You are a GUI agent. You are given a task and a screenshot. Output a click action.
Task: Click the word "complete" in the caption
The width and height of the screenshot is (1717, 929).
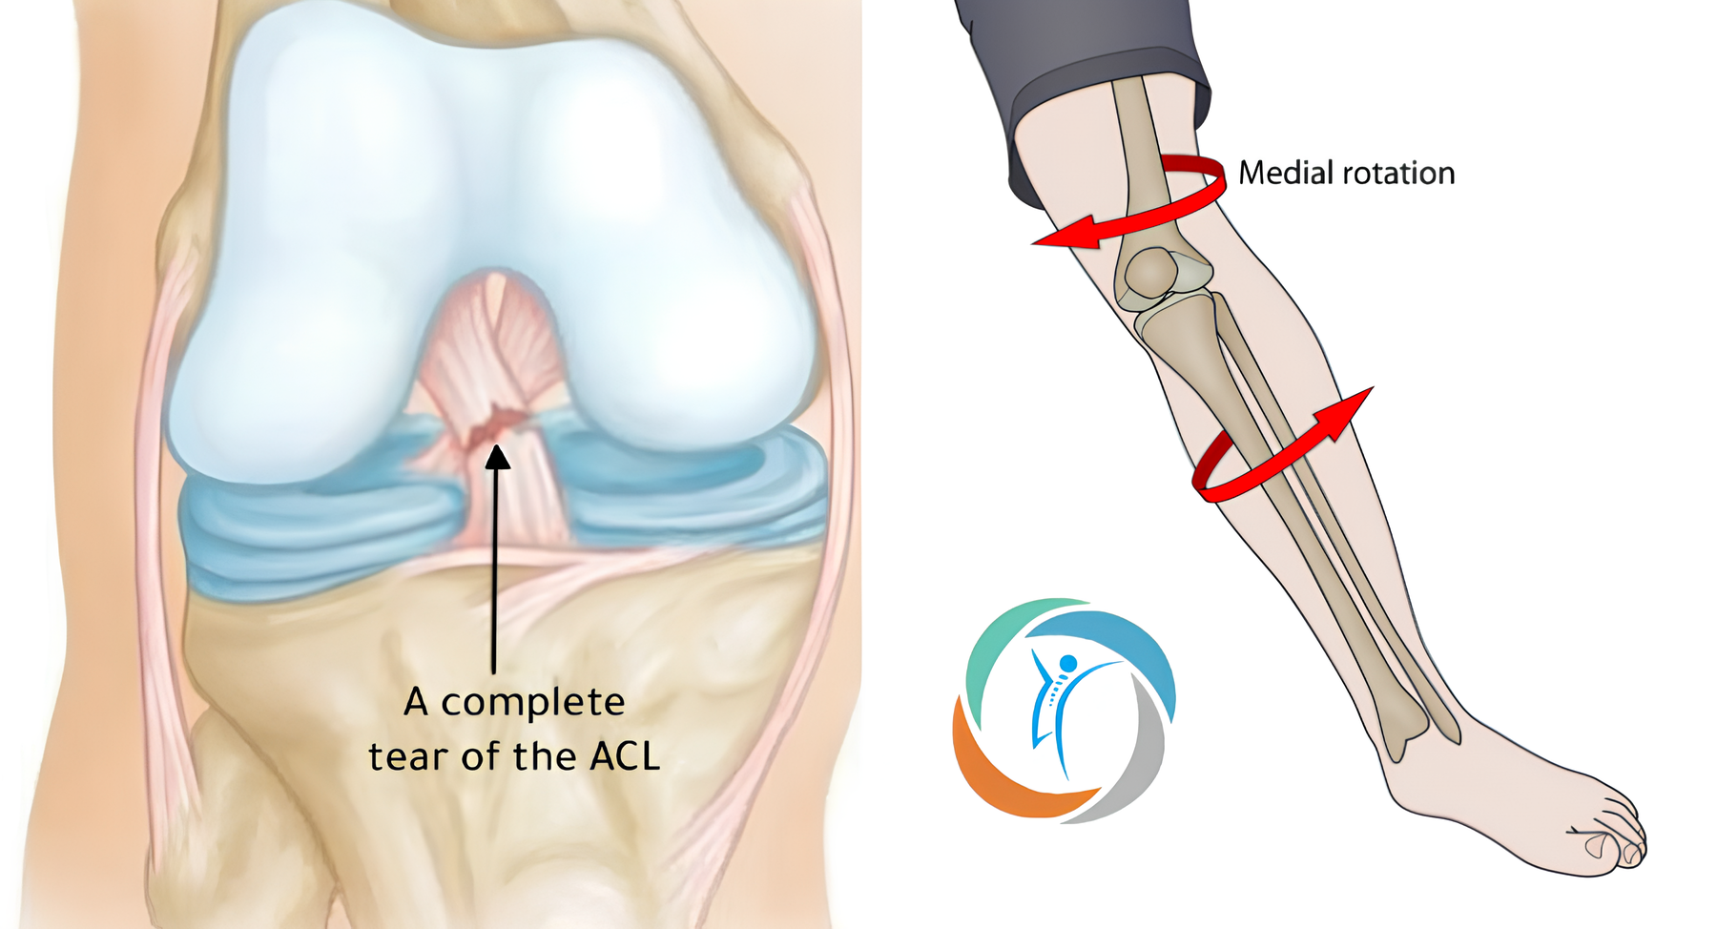point(532,703)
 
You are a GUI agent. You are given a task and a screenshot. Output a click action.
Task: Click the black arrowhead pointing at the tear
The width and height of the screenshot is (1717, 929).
point(497,458)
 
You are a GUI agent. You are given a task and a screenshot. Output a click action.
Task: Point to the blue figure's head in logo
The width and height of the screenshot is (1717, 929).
point(1068,663)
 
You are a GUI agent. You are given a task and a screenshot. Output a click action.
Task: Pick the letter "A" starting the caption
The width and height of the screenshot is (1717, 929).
point(416,702)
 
